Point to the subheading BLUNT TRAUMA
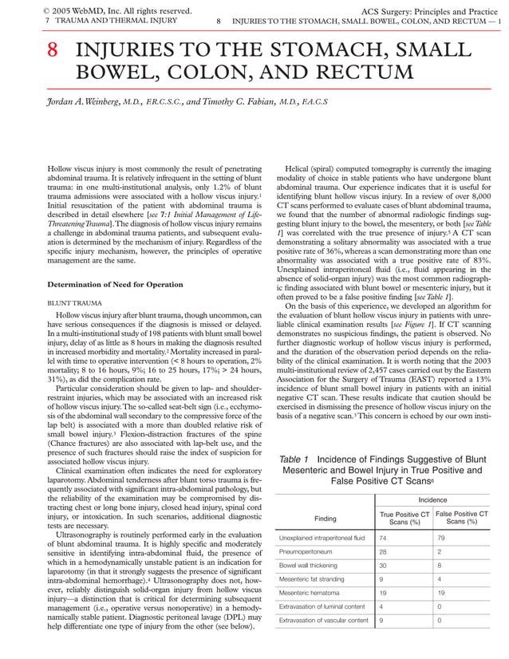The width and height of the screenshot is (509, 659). click(x=73, y=304)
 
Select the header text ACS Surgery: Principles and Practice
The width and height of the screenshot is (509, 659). click(x=429, y=10)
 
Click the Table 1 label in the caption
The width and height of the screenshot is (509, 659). click(x=294, y=459)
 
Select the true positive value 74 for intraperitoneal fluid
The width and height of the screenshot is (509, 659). click(x=384, y=538)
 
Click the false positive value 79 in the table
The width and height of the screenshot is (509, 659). click(x=441, y=538)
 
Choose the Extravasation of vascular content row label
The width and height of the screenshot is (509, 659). click(x=324, y=620)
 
